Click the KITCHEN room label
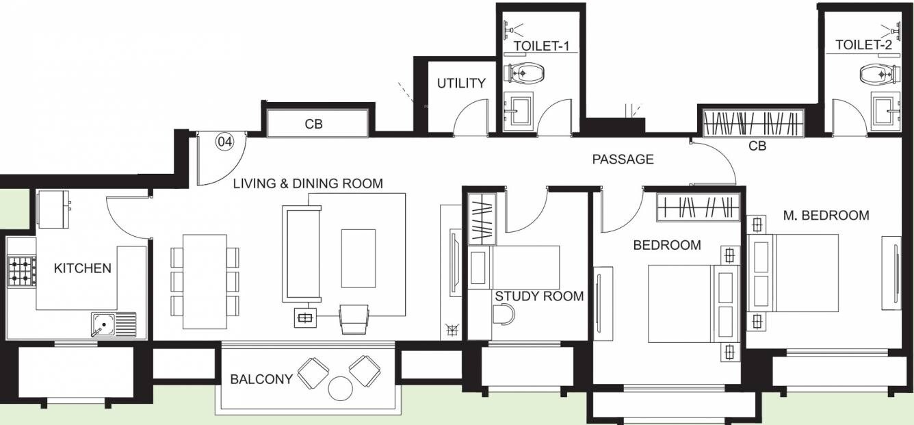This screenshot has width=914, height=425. [82, 268]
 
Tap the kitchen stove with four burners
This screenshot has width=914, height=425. [22, 270]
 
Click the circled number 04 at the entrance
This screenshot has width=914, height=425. [224, 142]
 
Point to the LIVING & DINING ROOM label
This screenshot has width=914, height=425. [308, 184]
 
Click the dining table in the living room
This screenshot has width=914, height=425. [205, 281]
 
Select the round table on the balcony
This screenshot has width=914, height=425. [339, 388]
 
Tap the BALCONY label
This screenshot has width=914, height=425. [261, 379]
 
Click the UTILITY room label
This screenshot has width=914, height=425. [461, 83]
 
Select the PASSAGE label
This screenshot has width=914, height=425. [623, 159]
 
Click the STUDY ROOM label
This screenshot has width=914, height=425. [539, 296]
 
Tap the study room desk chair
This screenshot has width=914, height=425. [503, 313]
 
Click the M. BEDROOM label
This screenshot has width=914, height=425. [826, 216]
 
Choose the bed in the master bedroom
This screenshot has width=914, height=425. [794, 272]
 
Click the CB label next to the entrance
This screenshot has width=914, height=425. [313, 125]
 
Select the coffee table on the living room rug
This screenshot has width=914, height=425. [358, 258]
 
